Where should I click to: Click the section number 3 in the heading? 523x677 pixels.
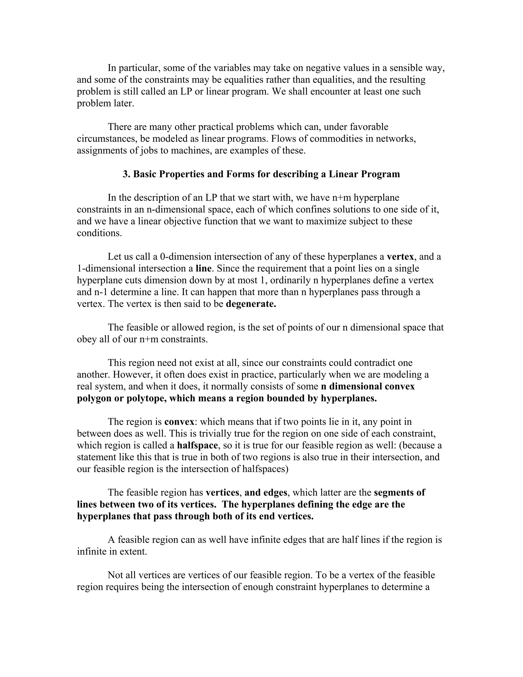(126, 174)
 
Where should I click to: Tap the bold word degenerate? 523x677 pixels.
(251, 304)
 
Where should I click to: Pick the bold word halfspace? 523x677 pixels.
(197, 446)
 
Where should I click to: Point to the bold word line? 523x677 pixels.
(203, 269)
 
